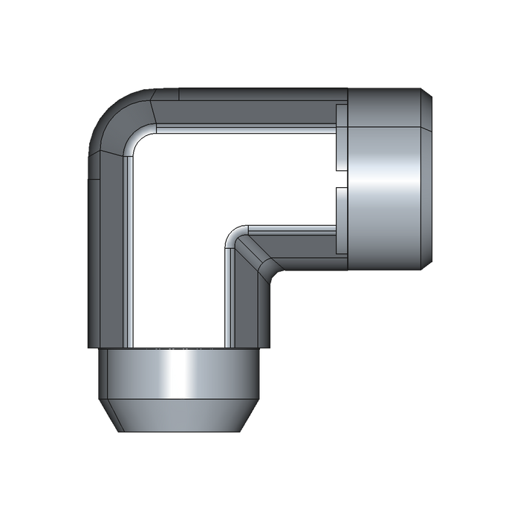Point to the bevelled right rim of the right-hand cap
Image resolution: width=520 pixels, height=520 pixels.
pos(429,178)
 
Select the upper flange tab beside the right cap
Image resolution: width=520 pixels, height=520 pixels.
pos(342,141)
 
